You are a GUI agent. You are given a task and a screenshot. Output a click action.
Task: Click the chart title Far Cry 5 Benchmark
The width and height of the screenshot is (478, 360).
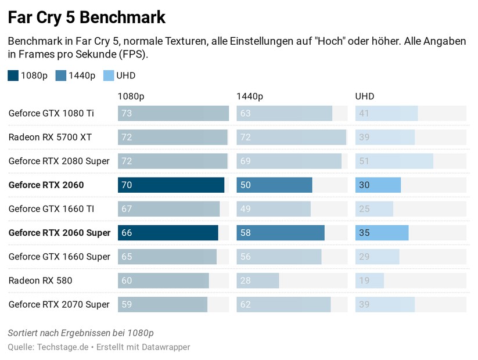click(x=87, y=17)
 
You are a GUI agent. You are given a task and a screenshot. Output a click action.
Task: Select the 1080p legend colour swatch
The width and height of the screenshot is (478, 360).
click(x=13, y=75)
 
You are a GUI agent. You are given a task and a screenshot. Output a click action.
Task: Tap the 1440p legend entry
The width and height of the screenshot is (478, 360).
click(x=76, y=75)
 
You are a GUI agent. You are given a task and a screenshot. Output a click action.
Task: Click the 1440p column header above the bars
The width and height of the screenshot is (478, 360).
click(x=249, y=96)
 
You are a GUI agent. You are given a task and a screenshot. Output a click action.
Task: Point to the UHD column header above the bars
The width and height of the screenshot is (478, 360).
click(x=365, y=96)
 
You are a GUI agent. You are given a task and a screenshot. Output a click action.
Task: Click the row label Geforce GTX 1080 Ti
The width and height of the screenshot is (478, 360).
click(x=51, y=113)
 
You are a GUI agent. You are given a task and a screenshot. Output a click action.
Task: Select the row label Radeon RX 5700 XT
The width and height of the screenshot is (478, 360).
click(x=50, y=137)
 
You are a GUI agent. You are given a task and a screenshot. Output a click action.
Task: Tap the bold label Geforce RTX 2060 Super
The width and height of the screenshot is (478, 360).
click(x=59, y=233)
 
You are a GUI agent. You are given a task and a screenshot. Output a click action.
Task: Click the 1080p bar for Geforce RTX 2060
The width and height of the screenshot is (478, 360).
click(x=171, y=185)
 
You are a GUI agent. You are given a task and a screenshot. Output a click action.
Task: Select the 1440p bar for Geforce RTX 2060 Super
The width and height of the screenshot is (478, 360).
click(x=281, y=233)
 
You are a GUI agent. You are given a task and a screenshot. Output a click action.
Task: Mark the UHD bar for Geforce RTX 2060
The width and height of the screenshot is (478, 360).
click(x=378, y=185)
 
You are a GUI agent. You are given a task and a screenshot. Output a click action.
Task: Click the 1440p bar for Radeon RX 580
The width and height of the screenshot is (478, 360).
click(x=258, y=280)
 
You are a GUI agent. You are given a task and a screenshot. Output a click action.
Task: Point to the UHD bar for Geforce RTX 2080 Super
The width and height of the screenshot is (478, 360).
click(x=394, y=161)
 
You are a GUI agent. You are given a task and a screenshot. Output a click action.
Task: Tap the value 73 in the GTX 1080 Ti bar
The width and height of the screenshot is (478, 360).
click(x=127, y=113)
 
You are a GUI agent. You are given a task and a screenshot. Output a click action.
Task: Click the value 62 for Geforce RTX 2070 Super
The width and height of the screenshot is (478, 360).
click(x=245, y=304)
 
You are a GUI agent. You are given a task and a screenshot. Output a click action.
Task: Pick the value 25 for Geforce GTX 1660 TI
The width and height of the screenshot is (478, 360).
click(x=364, y=208)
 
